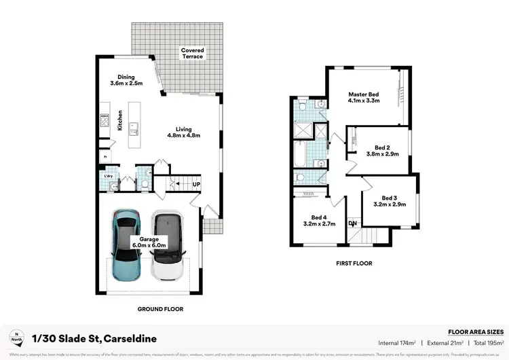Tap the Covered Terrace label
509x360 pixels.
[x=192, y=53]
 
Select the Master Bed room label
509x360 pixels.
[x=364, y=96]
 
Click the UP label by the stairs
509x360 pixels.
[x=197, y=184]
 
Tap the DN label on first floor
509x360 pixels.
[x=352, y=223]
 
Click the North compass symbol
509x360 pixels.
[x=15, y=337]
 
